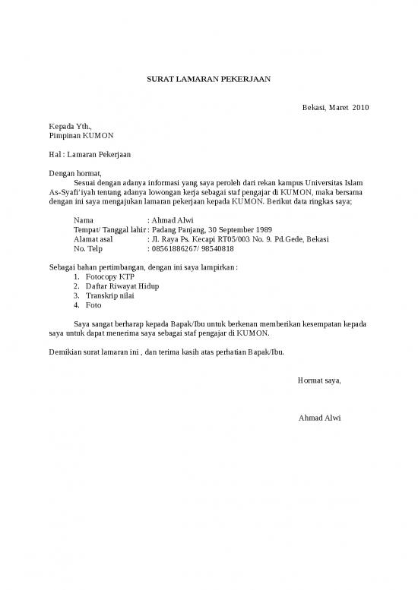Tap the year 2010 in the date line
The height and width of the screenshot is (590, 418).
coord(359,108)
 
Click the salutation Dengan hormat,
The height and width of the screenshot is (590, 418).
coord(75,174)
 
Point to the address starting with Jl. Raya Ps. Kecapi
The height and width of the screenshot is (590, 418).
coord(240,239)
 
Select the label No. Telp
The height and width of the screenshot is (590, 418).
coord(88,249)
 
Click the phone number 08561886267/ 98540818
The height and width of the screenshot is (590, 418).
coord(193,249)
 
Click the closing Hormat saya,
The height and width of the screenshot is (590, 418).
coord(319,380)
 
